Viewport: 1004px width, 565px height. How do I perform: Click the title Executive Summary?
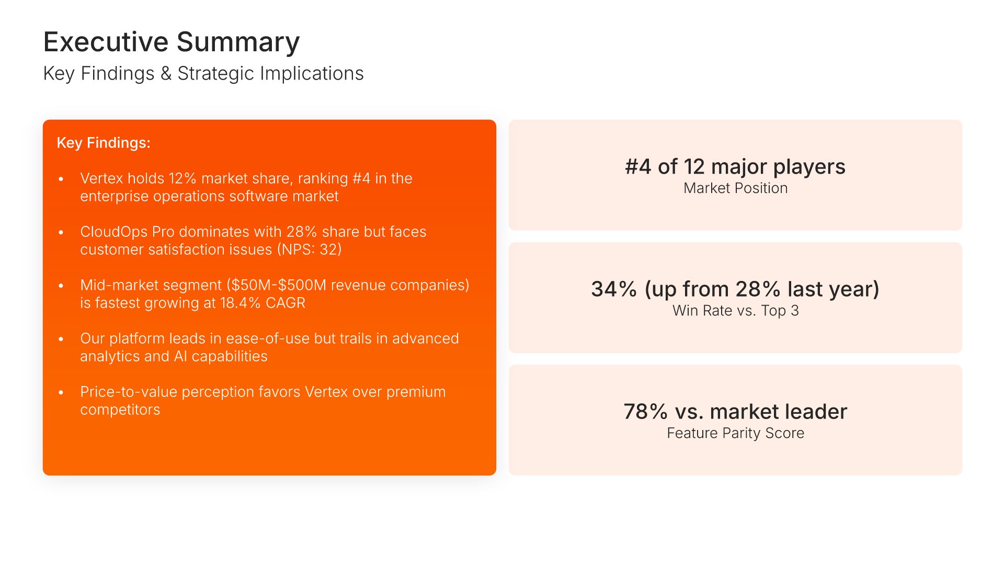172,42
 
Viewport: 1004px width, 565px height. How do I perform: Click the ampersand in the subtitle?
166,74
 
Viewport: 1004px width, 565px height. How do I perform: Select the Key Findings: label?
104,143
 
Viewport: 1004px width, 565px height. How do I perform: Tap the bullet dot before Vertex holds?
61,179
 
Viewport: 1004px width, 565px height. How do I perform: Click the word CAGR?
286,303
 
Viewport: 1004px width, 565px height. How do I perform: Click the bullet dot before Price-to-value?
61,392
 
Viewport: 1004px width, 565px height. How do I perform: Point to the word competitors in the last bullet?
120,410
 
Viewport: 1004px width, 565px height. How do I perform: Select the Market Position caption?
735,188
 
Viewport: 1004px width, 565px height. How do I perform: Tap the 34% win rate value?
614,289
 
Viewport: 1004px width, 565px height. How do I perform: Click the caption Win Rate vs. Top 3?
735,311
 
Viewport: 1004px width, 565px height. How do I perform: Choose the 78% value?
646,412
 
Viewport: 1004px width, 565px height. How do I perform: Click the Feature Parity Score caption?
735,433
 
